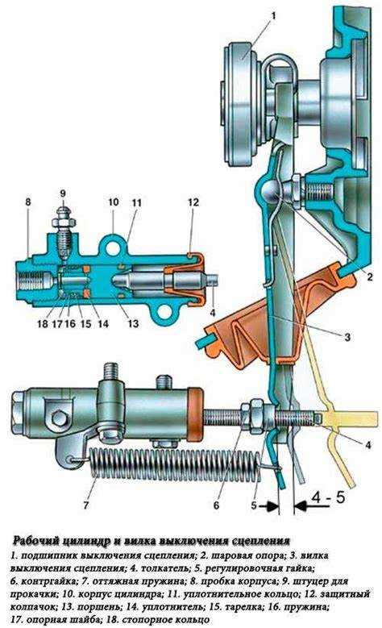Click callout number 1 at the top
click(x=274, y=16)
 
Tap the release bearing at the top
click(x=243, y=108)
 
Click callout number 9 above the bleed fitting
click(x=63, y=193)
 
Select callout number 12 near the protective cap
click(x=193, y=202)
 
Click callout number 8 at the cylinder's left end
click(x=28, y=202)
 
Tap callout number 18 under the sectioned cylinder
click(x=43, y=323)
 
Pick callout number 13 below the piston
click(x=132, y=322)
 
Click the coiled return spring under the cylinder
click(x=176, y=464)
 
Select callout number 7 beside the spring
click(x=85, y=505)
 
